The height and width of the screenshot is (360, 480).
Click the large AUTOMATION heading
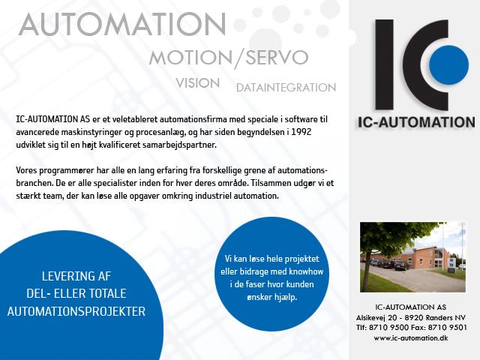pos(122,25)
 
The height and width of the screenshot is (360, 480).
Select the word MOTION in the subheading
pos(191,57)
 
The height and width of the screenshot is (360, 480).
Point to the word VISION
pos(198,83)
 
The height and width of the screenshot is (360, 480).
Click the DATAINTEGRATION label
pos(286,88)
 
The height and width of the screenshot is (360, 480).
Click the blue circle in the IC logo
pos(448,65)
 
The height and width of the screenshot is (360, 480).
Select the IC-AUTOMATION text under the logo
pos(416,122)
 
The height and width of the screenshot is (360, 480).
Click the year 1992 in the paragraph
pos(301,132)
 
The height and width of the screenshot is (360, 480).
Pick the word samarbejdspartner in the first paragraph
pos(179,145)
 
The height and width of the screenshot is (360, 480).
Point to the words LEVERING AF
pos(76,276)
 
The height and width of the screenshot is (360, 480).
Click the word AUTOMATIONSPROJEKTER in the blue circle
pos(76,311)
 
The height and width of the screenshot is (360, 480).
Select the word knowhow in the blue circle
pos(306,271)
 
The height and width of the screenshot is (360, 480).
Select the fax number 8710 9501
pos(448,328)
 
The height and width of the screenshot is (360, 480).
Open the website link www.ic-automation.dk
pos(411,338)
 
